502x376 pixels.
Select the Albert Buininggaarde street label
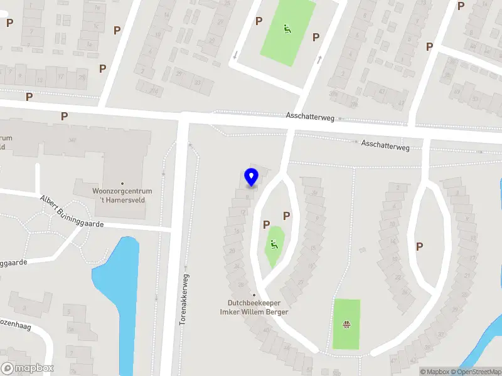(x=72, y=211)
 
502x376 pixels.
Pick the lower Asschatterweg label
(x=385, y=145)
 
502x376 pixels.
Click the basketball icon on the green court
(x=346, y=324)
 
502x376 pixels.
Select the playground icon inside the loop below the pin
(x=274, y=244)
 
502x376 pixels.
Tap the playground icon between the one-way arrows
(x=286, y=29)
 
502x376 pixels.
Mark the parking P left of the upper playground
(x=259, y=21)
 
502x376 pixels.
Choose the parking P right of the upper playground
(x=316, y=37)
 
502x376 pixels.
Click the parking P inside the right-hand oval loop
(x=419, y=246)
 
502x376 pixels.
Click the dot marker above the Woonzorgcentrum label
(x=122, y=184)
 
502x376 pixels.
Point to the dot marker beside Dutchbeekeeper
(x=254, y=295)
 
